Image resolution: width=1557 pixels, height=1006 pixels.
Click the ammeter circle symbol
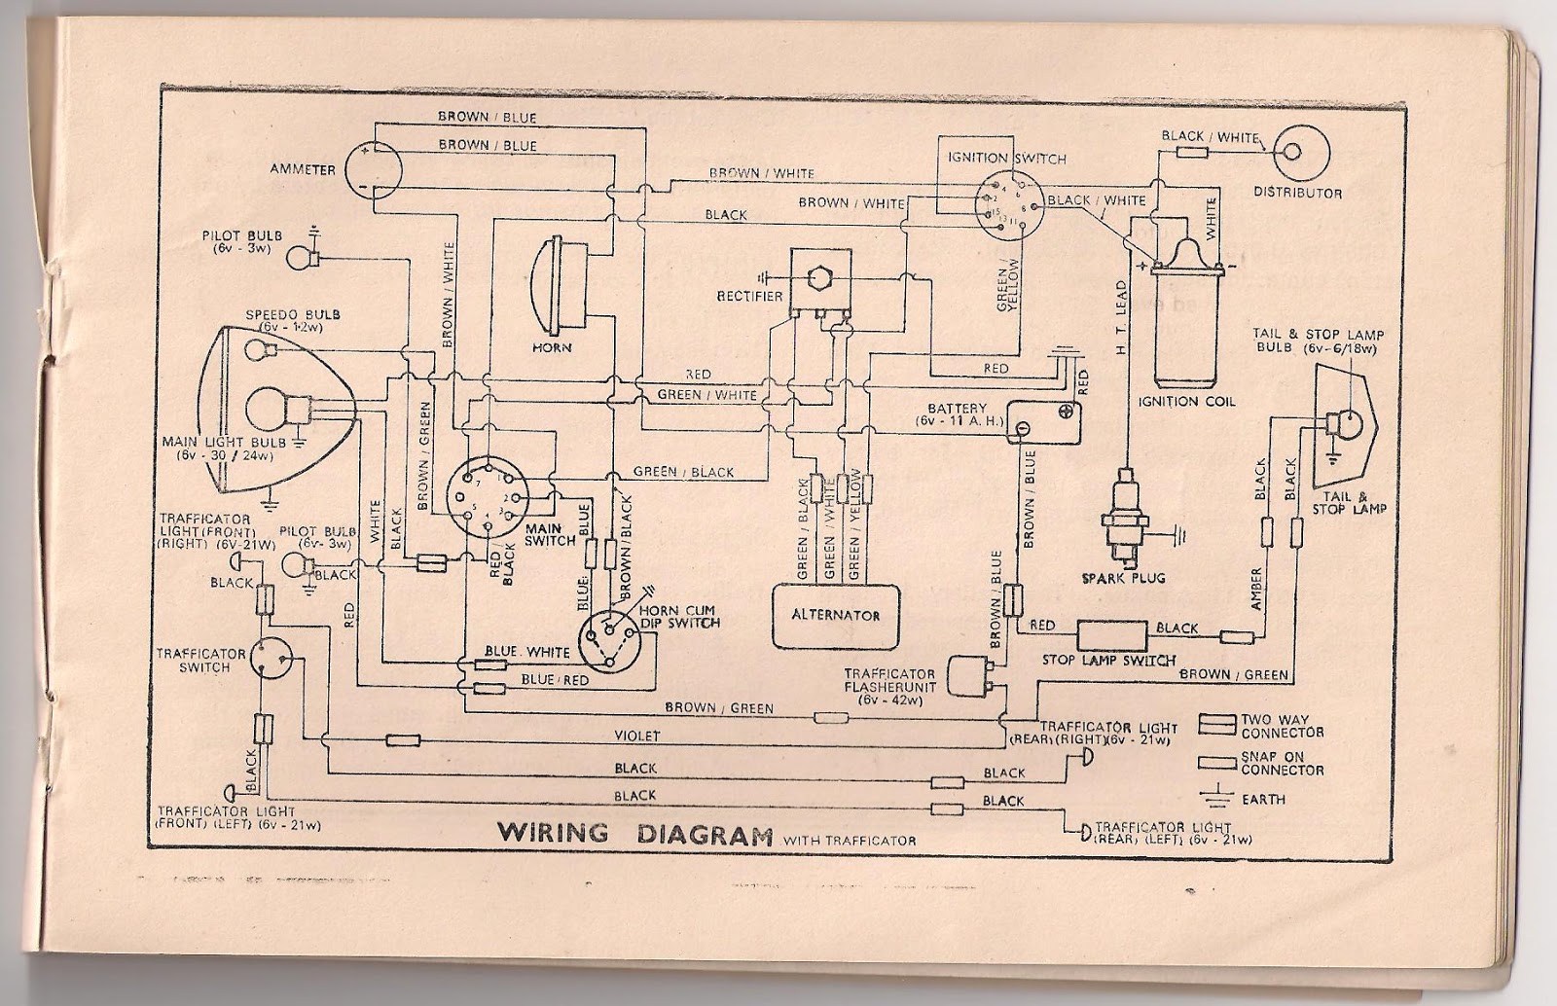pyautogui.click(x=373, y=168)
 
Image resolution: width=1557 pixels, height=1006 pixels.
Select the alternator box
pyautogui.click(x=836, y=615)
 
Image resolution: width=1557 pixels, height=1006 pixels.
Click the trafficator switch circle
pyautogui.click(x=271, y=659)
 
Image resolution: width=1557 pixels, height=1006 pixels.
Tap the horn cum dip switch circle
pyautogui.click(x=608, y=640)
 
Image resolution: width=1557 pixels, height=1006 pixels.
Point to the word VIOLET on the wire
pyautogui.click(x=636, y=737)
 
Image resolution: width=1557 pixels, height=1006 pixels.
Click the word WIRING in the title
pyautogui.click(x=554, y=834)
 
